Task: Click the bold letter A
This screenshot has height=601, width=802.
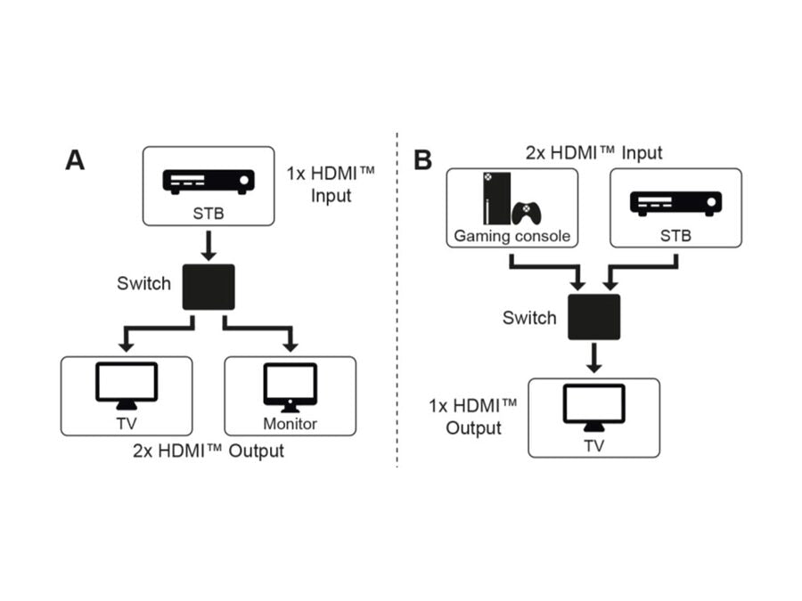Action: tap(75, 160)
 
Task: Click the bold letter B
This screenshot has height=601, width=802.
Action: tap(422, 160)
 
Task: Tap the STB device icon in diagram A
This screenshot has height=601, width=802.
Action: tap(209, 181)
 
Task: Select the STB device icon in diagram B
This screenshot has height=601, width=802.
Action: tap(675, 203)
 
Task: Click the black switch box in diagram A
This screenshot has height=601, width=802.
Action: tap(209, 287)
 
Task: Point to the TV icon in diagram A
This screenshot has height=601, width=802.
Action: tap(127, 385)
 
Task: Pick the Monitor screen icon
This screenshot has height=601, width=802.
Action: tap(290, 386)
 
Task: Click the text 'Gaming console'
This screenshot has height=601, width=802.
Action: tap(511, 236)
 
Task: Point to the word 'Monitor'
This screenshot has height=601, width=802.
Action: tap(290, 423)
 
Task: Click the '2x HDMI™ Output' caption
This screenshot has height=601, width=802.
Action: tap(209, 451)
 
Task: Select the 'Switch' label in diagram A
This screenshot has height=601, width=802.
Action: tap(143, 284)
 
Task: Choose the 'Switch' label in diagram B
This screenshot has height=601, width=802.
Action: tap(529, 318)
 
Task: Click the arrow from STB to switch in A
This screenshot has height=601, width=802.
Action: tap(209, 244)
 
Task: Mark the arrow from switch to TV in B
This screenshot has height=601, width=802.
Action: tap(594, 358)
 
